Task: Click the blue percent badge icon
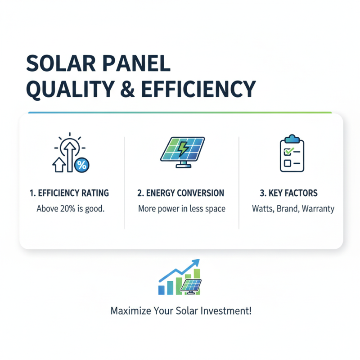point(81,165)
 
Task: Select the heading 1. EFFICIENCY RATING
point(69,193)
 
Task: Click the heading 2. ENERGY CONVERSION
point(180,193)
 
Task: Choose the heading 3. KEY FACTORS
point(288,193)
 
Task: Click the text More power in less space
point(180,209)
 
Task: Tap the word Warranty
point(318,209)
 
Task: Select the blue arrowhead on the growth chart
point(196,261)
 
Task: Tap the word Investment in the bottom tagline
point(230,311)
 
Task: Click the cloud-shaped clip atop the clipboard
point(292,137)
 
